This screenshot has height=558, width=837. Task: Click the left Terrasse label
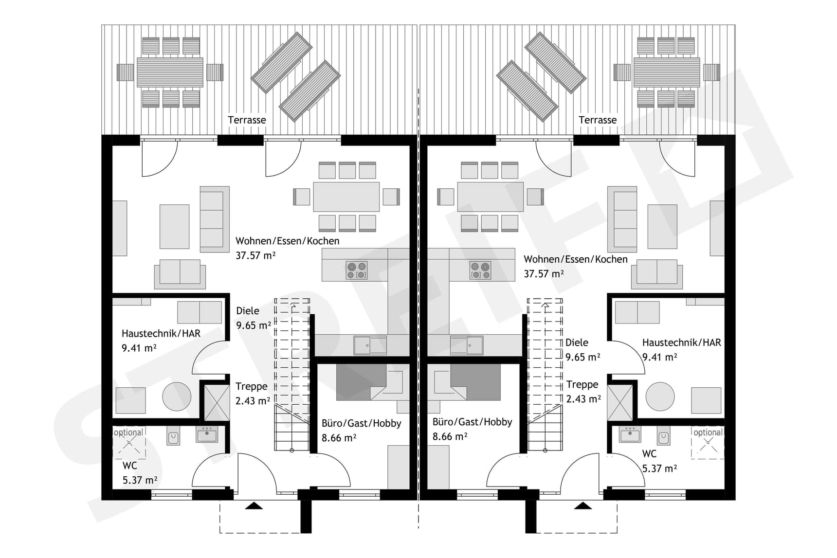pyautogui.click(x=247, y=120)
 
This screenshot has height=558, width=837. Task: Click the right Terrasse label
pyautogui.click(x=597, y=120)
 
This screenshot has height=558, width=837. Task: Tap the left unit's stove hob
pyautogui.click(x=357, y=270)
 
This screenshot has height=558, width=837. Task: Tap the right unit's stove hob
pyautogui.click(x=480, y=270)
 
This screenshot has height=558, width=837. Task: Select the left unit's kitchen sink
pyautogui.click(x=370, y=345)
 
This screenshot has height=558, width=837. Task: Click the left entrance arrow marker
pyautogui.click(x=254, y=506)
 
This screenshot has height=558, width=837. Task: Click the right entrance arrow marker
pyautogui.click(x=582, y=506)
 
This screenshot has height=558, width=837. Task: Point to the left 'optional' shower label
pyautogui.click(x=128, y=432)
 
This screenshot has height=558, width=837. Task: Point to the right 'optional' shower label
pyautogui.click(x=708, y=432)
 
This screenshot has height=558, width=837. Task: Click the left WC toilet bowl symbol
pyautogui.click(x=173, y=437)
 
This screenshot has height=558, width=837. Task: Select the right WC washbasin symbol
pyautogui.click(x=630, y=434)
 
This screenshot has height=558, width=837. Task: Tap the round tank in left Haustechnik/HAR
pyautogui.click(x=177, y=396)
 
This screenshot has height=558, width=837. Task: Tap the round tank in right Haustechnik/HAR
pyautogui.click(x=660, y=396)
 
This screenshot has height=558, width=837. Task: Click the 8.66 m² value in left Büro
pyautogui.click(x=339, y=438)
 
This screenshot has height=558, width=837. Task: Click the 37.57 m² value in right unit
pyautogui.click(x=544, y=274)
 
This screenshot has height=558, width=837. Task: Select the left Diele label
pyautogui.click(x=248, y=311)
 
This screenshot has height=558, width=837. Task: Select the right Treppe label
pyautogui.click(x=582, y=384)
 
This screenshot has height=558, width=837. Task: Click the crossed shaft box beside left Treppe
pyautogui.click(x=217, y=402)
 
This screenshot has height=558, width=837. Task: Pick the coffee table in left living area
pyautogui.click(x=174, y=226)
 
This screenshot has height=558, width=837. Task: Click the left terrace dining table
pyautogui.click(x=170, y=72)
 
